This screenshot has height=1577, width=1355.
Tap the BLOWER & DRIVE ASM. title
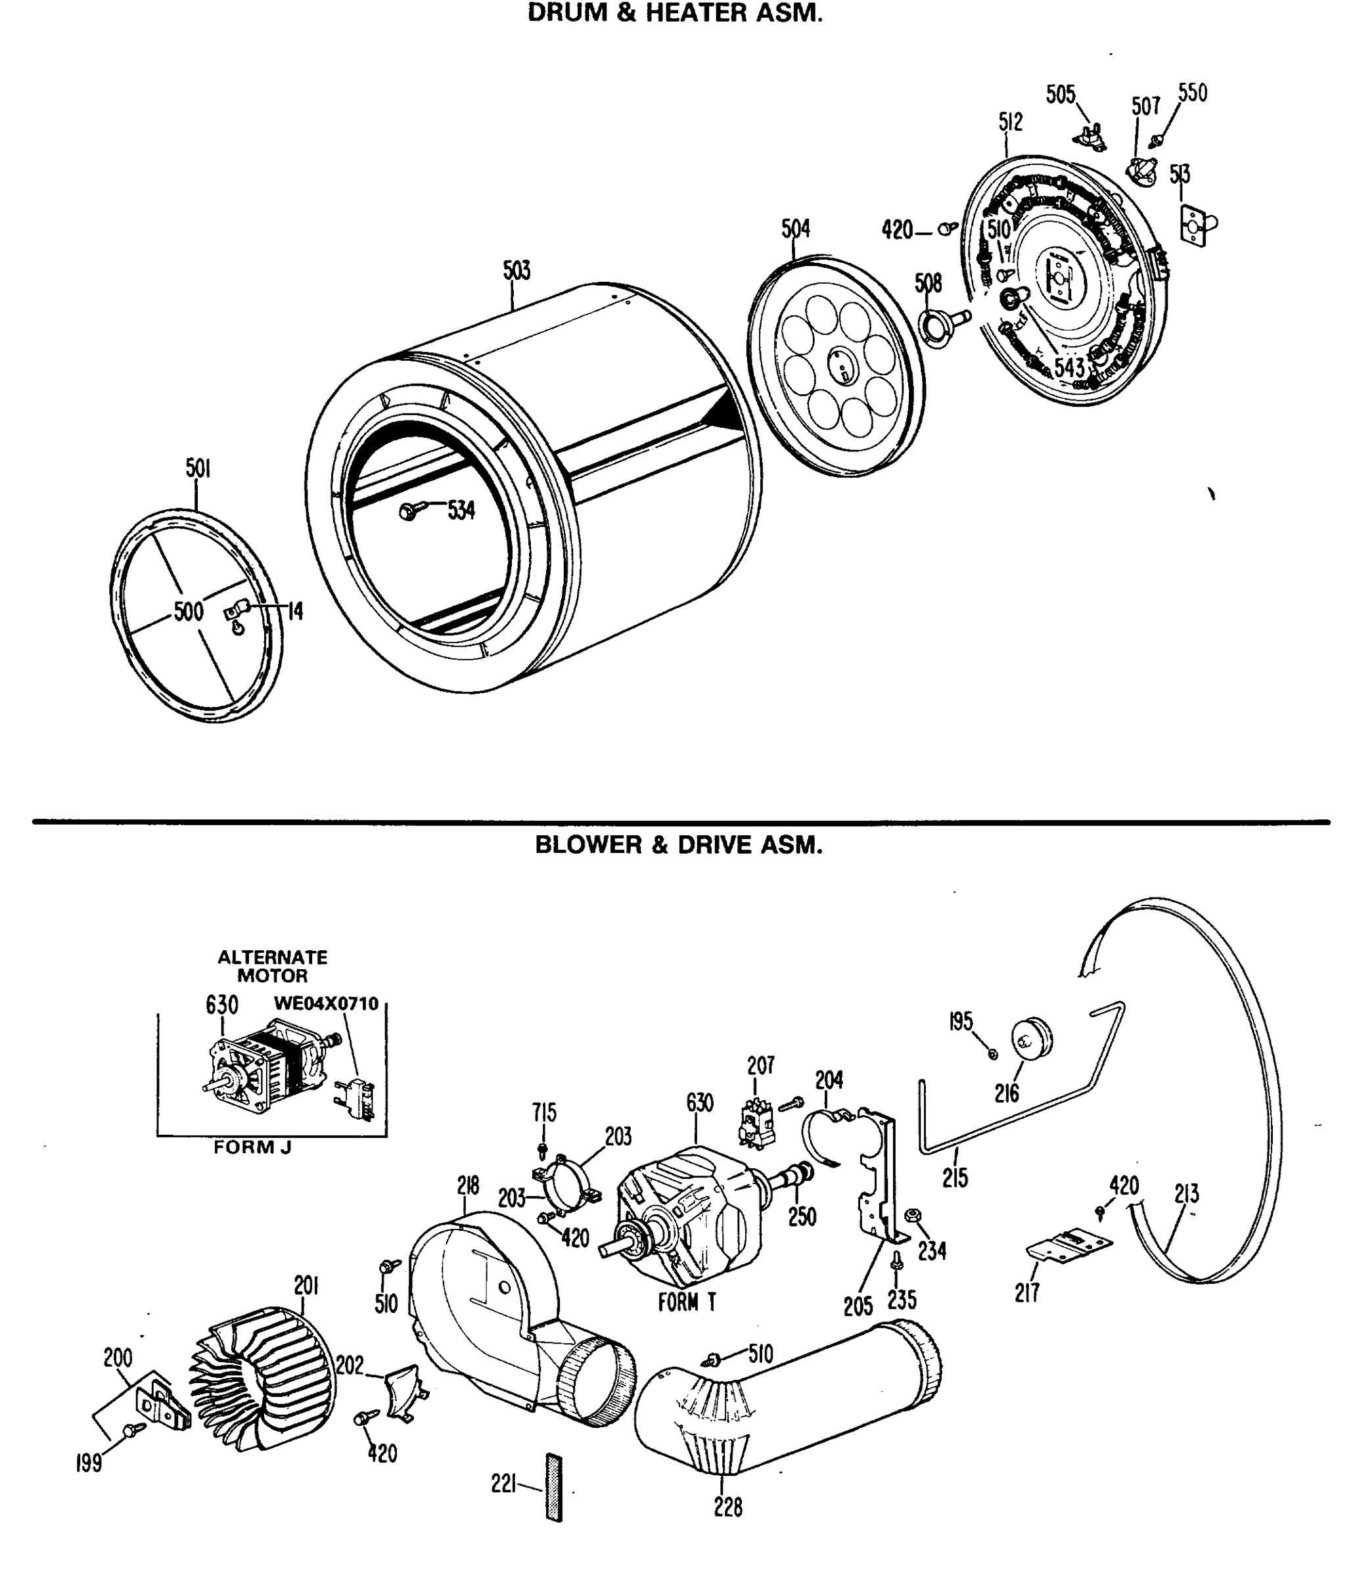pos(678,845)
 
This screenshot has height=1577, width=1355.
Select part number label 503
pos(516,270)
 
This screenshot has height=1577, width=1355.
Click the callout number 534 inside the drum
pos(461,511)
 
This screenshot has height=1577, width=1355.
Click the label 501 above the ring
pos(198,468)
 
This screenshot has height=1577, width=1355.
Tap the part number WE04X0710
pos(326,1003)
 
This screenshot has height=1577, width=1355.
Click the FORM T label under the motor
pos(687,1303)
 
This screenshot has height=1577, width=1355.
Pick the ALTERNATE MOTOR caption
pos(273,966)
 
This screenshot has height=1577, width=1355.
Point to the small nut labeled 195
pos(993,1053)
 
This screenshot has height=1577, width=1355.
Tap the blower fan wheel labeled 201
pos(264,1378)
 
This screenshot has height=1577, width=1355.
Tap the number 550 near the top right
pos(1192,93)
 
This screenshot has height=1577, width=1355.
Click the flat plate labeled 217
pos(1068,1245)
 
